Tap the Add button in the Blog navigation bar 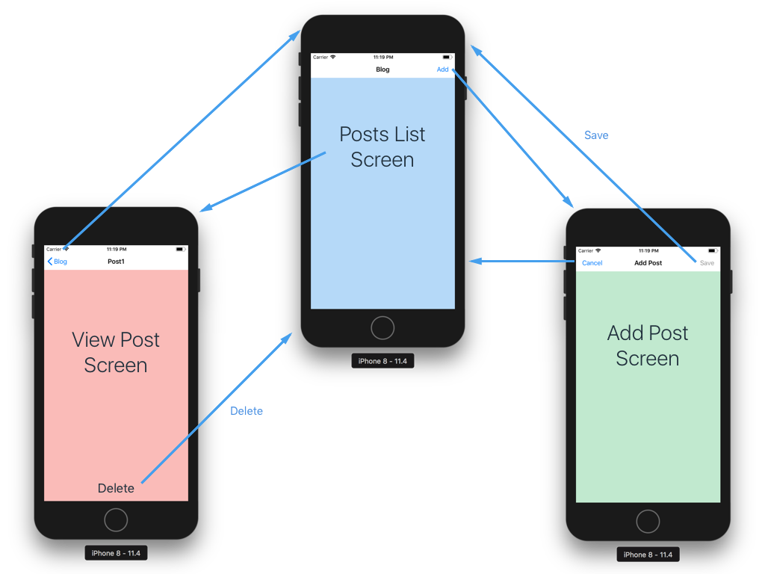443,70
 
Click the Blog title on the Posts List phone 382,70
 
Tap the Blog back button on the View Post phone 58,262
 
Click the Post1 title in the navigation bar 116,262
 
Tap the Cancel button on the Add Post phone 592,263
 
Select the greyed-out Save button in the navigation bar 707,263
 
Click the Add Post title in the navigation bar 648,263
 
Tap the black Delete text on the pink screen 116,488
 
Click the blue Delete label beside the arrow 247,411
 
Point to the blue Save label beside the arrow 596,135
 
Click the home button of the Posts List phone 382,327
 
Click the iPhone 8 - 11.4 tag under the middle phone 382,361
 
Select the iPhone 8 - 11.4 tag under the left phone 116,553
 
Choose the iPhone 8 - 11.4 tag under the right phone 648,555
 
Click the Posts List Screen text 382,146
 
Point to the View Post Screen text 116,352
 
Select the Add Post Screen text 648,345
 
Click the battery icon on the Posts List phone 447,57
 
